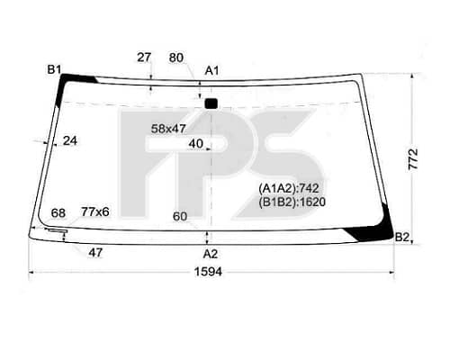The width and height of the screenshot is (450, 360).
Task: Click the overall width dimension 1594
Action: pos(208,272)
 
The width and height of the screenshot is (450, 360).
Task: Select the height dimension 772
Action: pos(413,159)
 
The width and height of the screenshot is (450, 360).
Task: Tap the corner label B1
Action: pos(54,70)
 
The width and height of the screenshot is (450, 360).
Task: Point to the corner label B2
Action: pos(402,238)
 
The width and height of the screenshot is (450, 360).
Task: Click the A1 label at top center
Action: pos(211,71)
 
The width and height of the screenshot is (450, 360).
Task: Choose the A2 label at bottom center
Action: pos(211,254)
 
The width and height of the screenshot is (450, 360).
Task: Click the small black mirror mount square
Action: pos(211,103)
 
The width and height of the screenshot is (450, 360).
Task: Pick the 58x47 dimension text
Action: pos(168,129)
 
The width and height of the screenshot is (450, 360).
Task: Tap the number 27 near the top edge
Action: pos(144,58)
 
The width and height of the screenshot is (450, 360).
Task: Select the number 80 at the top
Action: pos(176,58)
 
